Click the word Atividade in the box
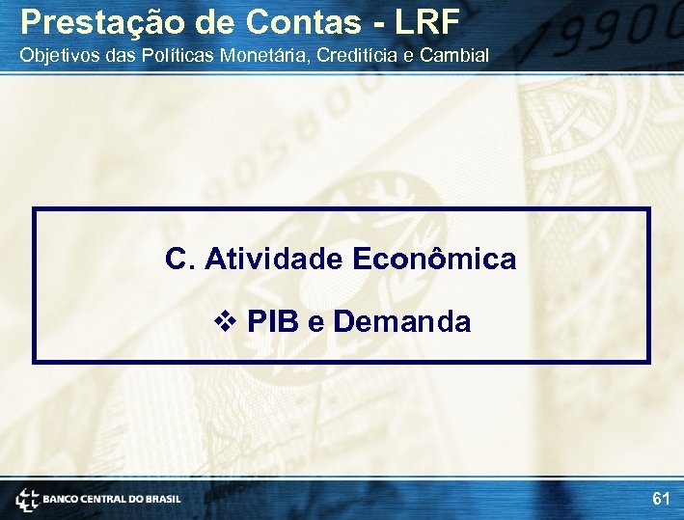pyautogui.click(x=274, y=259)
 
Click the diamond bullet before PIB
pyautogui.click(x=228, y=321)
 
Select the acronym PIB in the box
pyautogui.click(x=273, y=321)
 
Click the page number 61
pyautogui.click(x=661, y=499)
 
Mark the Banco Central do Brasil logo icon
pyautogui.click(x=26, y=499)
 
